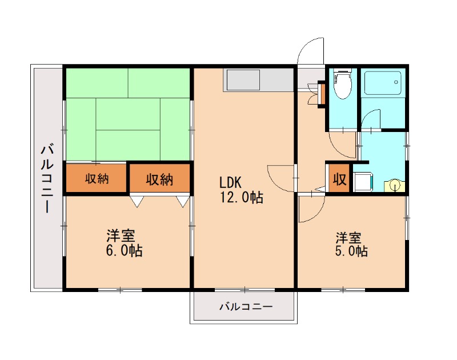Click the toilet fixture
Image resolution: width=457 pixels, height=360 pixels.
click(x=342, y=85)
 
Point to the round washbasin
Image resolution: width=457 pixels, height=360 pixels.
click(x=395, y=185)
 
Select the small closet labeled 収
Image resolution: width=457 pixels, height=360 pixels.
click(x=339, y=179)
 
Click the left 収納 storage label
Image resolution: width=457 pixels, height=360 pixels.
click(x=97, y=179)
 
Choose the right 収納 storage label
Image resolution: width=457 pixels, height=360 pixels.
click(x=159, y=179)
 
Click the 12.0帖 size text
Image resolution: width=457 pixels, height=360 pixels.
click(x=242, y=198)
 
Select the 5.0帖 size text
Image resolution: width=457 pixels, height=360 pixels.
click(x=350, y=251)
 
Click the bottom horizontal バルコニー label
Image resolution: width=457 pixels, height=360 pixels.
click(x=246, y=307)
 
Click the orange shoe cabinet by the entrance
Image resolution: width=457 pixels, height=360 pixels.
click(x=321, y=94)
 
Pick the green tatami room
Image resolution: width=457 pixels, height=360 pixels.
click(x=127, y=114)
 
